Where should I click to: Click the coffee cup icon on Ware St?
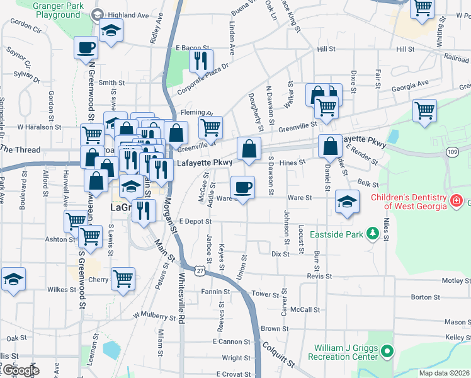(243, 187)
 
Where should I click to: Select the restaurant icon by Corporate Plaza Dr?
(200, 61)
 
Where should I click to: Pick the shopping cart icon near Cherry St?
(123, 278)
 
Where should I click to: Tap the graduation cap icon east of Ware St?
(346, 202)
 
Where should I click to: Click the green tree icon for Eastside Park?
(372, 234)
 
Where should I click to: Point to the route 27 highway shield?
(200, 270)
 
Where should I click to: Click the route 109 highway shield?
(452, 152)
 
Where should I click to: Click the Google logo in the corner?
(20, 370)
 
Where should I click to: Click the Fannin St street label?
(217, 292)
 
